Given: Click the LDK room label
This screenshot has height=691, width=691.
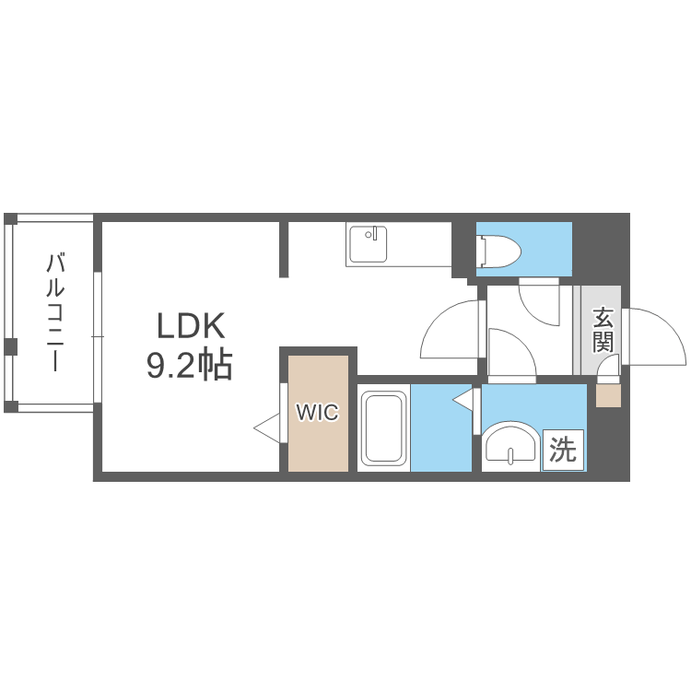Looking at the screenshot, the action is click(191, 325).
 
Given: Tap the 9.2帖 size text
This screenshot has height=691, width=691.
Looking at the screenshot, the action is click(190, 365).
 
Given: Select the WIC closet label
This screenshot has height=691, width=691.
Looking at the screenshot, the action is click(317, 412).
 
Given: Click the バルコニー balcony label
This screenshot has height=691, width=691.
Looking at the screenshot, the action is click(55, 312).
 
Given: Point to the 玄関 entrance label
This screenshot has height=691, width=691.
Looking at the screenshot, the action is click(603, 331).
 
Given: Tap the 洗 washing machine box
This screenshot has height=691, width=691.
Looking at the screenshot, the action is click(563, 450).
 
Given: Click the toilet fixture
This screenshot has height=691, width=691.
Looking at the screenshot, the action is click(499, 252).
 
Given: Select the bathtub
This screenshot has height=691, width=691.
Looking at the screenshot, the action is click(383, 427).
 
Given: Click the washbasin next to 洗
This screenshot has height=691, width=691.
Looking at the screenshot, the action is click(510, 446).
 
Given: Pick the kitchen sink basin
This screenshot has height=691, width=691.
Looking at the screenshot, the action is click(369, 244).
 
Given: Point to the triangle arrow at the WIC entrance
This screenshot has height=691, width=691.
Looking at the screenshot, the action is click(267, 427).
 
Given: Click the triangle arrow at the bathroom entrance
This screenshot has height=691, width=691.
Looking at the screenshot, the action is click(463, 400).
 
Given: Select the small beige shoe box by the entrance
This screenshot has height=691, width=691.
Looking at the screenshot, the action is click(609, 395).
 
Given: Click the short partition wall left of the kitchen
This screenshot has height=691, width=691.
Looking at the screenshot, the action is click(284, 250).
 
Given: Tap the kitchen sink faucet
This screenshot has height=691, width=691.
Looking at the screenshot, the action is click(374, 233).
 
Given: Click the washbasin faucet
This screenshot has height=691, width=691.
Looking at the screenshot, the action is click(510, 456).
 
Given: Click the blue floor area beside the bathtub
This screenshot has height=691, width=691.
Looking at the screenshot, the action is click(441, 427).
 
